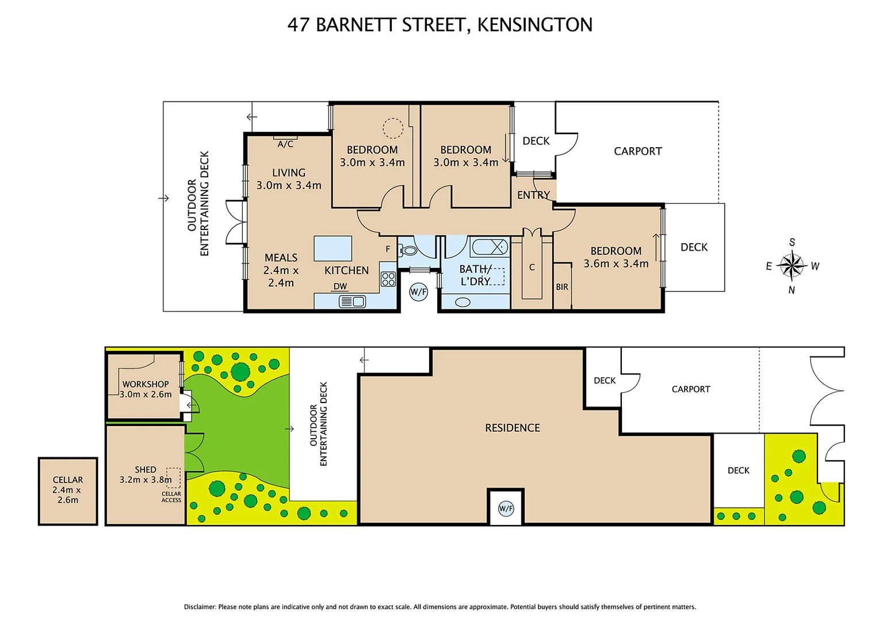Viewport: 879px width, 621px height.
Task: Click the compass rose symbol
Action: coord(792,266)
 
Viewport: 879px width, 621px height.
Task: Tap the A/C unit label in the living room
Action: coord(285,144)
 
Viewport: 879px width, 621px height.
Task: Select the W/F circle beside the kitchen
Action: coord(419,292)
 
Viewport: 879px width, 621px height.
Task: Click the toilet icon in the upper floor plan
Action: coord(409,250)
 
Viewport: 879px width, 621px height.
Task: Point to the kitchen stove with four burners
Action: coord(388,279)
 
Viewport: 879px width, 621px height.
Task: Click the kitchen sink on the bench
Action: coord(352,301)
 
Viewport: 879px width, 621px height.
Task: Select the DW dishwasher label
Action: coord(340,286)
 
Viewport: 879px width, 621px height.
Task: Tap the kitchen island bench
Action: coord(333,248)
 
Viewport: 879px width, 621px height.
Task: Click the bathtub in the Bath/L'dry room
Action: coord(490,247)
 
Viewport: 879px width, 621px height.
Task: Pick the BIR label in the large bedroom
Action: coord(562,287)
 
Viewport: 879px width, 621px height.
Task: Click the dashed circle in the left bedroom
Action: coord(393,128)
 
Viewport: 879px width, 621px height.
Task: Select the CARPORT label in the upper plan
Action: coord(637,151)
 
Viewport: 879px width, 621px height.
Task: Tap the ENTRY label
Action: coord(533,195)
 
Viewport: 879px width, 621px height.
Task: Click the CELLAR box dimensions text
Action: coord(67,495)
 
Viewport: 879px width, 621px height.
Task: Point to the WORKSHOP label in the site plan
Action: coord(146,384)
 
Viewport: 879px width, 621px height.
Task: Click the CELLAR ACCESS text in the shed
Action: coord(171,497)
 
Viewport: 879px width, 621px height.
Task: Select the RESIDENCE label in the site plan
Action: coord(512,428)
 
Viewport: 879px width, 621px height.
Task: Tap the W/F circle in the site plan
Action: coord(506,508)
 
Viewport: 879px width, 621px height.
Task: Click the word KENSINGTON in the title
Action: coord(534,25)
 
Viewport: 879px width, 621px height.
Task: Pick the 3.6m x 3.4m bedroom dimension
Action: coord(616,264)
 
